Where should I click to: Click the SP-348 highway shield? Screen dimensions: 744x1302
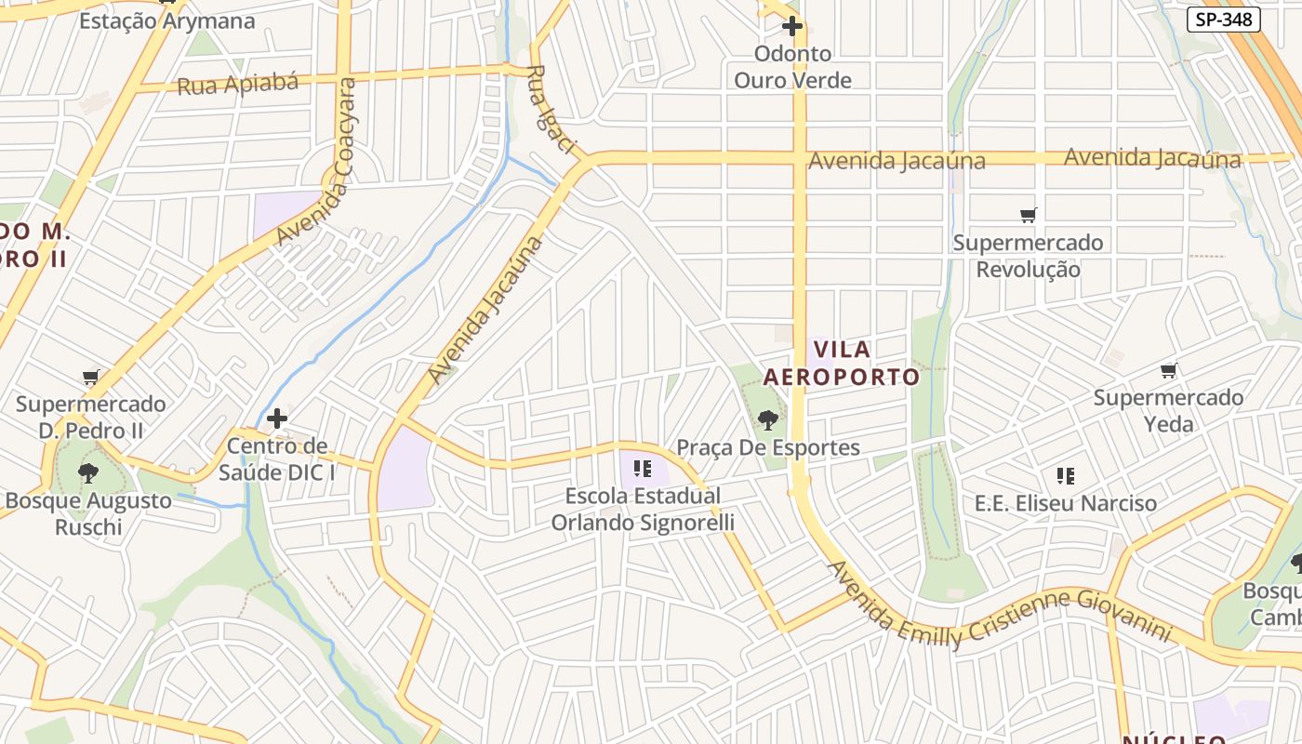click(x=1223, y=19)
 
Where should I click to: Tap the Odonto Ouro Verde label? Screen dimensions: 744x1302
click(x=792, y=67)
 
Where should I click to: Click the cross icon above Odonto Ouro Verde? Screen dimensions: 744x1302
click(x=792, y=26)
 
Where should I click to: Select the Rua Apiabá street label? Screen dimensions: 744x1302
click(x=237, y=85)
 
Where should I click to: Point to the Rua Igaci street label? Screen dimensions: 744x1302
click(x=551, y=112)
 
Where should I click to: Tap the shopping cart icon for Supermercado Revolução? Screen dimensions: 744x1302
click(x=1029, y=216)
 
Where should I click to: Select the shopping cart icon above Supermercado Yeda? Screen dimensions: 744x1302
click(x=1169, y=371)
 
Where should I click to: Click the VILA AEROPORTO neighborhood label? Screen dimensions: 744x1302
click(x=842, y=364)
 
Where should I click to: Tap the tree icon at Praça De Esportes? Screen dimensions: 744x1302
click(x=768, y=420)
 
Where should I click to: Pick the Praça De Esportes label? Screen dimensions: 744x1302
click(x=768, y=448)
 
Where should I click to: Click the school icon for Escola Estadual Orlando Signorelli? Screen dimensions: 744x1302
click(x=642, y=469)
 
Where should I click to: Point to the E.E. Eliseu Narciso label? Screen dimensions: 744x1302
click(x=1066, y=503)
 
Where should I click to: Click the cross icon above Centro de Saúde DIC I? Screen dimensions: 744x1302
click(x=277, y=418)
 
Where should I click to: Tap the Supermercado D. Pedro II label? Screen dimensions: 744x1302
click(x=91, y=418)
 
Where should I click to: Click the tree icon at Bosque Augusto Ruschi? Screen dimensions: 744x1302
click(x=88, y=473)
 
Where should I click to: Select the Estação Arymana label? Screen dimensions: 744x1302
click(x=166, y=20)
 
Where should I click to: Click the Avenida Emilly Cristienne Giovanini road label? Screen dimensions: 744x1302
click(x=999, y=615)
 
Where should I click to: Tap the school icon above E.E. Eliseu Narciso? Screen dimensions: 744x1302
click(x=1066, y=477)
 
